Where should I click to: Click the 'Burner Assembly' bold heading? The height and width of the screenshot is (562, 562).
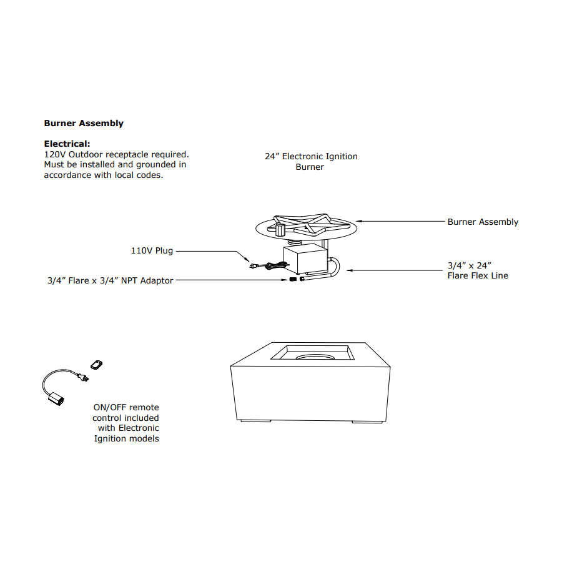84,123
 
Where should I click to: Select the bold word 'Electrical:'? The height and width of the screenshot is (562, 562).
67,144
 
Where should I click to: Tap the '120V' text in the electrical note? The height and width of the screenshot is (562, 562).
55,154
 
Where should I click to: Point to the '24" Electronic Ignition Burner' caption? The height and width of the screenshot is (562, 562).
311,162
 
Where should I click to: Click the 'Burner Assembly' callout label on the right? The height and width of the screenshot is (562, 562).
483,222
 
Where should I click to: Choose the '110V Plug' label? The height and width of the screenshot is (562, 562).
152,250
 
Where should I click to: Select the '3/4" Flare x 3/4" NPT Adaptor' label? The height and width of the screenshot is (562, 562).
111,280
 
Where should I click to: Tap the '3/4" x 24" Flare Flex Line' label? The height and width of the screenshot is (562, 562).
478,270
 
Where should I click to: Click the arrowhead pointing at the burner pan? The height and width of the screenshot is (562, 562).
359,221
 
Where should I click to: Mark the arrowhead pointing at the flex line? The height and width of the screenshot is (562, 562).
350,270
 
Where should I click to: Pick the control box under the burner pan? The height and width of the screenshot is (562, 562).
305,259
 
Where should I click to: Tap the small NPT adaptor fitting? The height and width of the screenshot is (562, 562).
293,279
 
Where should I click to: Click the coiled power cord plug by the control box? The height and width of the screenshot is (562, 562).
268,266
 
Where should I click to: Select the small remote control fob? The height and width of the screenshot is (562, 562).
96,365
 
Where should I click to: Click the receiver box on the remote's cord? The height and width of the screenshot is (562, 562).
56,399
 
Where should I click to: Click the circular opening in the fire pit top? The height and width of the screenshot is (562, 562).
315,357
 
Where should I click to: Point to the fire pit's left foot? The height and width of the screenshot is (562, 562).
255,421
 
